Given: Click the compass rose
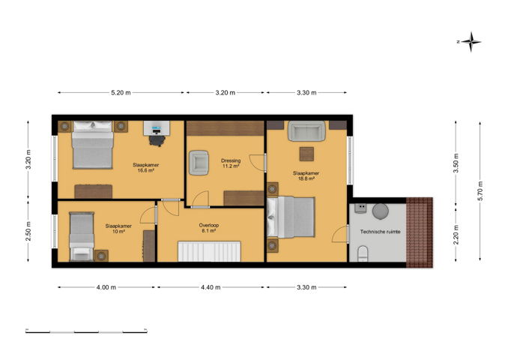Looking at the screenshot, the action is (471, 42).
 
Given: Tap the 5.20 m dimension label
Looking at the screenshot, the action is (121, 93).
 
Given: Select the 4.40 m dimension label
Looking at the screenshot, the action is (211, 287).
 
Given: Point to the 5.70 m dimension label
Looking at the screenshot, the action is (480, 190).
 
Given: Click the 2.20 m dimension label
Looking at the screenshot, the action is (456, 235).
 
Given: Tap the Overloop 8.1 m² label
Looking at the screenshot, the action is (209, 228).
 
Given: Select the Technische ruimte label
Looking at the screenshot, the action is (381, 232).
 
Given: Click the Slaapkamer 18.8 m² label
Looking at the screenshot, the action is (306, 175).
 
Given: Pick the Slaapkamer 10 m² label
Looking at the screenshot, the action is (118, 229).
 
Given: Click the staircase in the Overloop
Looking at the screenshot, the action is (209, 251).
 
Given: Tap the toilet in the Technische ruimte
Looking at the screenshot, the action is (363, 253).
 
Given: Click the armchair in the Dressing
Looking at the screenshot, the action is (199, 163).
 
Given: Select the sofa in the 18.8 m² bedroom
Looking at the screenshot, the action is (306, 131).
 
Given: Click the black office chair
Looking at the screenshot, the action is (157, 141).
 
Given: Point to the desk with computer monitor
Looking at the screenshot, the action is (157, 128).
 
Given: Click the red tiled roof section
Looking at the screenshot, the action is (420, 232).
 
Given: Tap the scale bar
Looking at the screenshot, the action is (86, 331).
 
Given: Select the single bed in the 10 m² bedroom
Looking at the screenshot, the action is (82, 237).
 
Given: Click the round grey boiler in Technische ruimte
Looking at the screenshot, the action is (381, 211).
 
